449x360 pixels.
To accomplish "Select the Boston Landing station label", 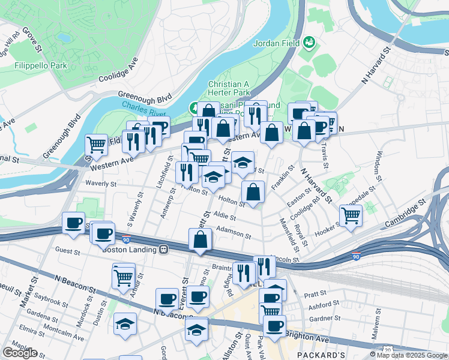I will click(x=129, y=249).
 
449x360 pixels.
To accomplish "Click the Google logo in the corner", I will click(x=20, y=353).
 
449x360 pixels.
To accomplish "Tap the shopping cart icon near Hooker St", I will click(x=351, y=215).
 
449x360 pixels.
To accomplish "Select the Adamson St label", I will click(x=233, y=229).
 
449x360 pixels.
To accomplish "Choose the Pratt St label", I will click(x=315, y=294).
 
